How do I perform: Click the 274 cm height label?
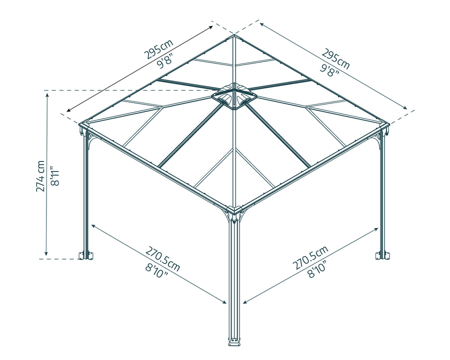pyautogui.click(x=40, y=176)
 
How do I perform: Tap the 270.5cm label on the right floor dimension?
pyautogui.click(x=310, y=258)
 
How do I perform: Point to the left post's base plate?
pyautogui.click(x=85, y=255)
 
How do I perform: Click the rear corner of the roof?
pyautogui.click(x=233, y=35)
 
